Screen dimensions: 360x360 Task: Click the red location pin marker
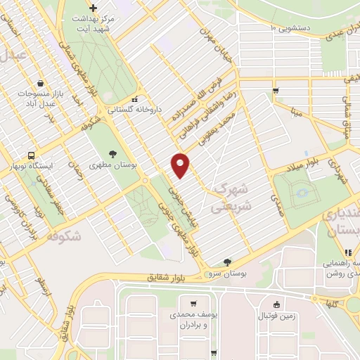tap(181, 165)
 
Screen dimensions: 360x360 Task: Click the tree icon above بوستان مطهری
tap(112, 153)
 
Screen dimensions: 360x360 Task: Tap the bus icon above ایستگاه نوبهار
tap(31, 155)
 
